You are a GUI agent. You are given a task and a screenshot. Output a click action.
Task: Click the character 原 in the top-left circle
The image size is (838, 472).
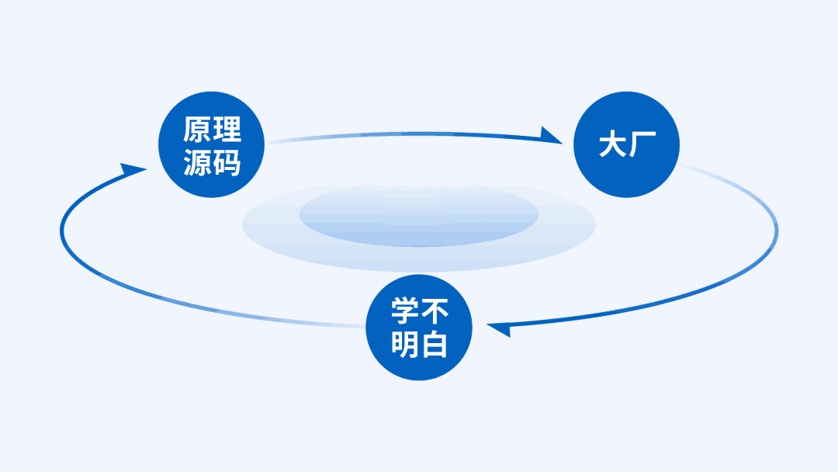[x=197, y=129]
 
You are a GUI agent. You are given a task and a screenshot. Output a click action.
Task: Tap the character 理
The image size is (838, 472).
[x=227, y=129]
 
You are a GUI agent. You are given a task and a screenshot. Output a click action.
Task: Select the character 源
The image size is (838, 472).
[x=197, y=162]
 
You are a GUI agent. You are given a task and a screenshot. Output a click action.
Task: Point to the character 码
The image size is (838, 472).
[x=227, y=162]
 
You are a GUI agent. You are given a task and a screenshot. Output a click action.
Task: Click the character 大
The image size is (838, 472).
[x=611, y=145]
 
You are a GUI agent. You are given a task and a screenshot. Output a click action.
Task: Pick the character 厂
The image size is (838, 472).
[x=642, y=145]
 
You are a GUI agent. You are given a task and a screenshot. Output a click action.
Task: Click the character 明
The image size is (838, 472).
[x=405, y=345]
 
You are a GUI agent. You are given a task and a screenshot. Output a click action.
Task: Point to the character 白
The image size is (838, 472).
[x=435, y=345]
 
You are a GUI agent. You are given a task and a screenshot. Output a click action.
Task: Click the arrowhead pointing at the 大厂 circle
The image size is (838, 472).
[x=552, y=136]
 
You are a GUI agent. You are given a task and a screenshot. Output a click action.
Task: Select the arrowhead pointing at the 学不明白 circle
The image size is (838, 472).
[x=499, y=328]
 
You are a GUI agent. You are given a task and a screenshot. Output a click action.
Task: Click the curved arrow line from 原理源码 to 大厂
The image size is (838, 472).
[x=403, y=134]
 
